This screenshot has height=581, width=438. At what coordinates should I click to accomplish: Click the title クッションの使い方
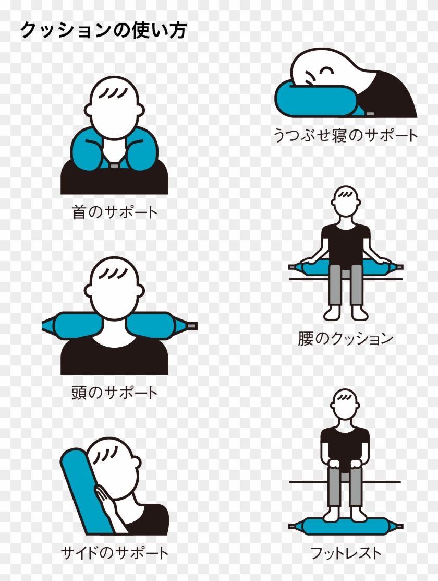point(103,30)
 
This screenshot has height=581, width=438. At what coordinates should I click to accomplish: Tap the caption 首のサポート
point(115,212)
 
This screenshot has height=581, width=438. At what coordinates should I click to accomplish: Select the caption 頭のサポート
point(115,393)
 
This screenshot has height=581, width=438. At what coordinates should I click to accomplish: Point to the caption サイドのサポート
point(114,553)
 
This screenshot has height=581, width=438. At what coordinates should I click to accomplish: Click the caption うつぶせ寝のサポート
point(346,135)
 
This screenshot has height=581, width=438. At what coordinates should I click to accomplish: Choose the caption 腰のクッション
point(345,338)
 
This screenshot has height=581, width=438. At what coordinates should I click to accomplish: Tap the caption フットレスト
point(345,553)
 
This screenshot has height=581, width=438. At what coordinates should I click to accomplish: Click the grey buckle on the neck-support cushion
point(114,165)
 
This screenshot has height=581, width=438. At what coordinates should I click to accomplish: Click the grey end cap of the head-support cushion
point(192,326)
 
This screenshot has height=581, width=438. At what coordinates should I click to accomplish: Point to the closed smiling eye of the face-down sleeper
point(327,70)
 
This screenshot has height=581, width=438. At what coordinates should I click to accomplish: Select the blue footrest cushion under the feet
point(345,526)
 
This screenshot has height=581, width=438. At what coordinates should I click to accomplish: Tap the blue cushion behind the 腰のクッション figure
point(345,267)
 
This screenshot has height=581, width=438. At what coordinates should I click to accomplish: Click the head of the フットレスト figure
point(345,404)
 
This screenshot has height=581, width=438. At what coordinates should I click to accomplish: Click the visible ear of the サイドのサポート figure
point(136,463)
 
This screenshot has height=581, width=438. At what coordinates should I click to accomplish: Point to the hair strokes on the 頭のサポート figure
point(115,274)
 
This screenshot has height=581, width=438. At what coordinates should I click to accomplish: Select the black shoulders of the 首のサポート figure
point(114,178)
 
